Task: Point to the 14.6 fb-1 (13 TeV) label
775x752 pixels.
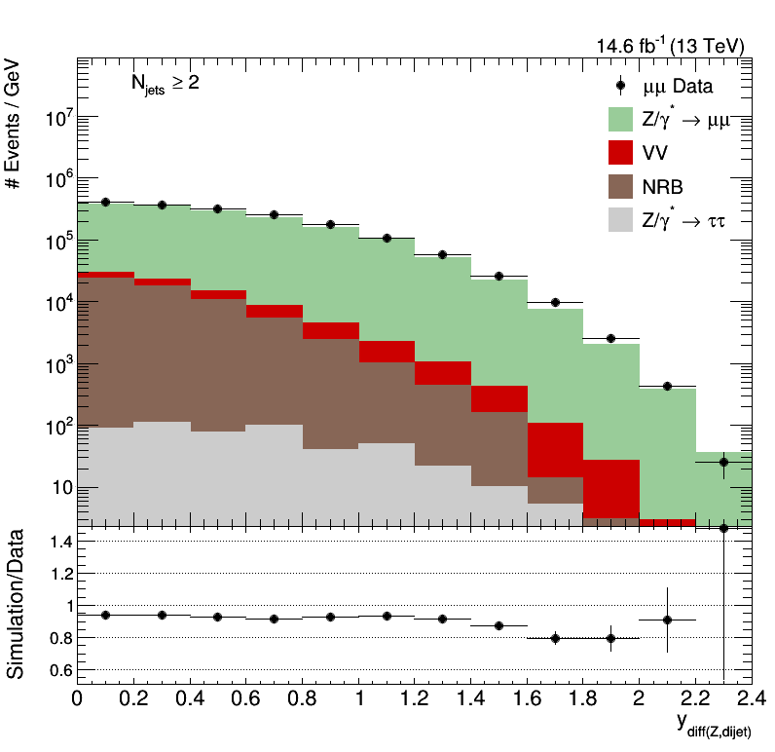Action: pyautogui.click(x=671, y=46)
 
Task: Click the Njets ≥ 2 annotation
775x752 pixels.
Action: pyautogui.click(x=165, y=84)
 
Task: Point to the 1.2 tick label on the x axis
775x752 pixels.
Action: pyautogui.click(x=416, y=698)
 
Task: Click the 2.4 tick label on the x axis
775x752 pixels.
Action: pyautogui.click(x=751, y=698)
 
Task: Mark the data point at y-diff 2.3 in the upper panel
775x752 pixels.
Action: pyautogui.click(x=723, y=462)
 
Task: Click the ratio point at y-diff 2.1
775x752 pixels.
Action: pyautogui.click(x=667, y=620)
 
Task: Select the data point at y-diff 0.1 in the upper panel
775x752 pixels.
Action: pyautogui.click(x=105, y=202)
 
